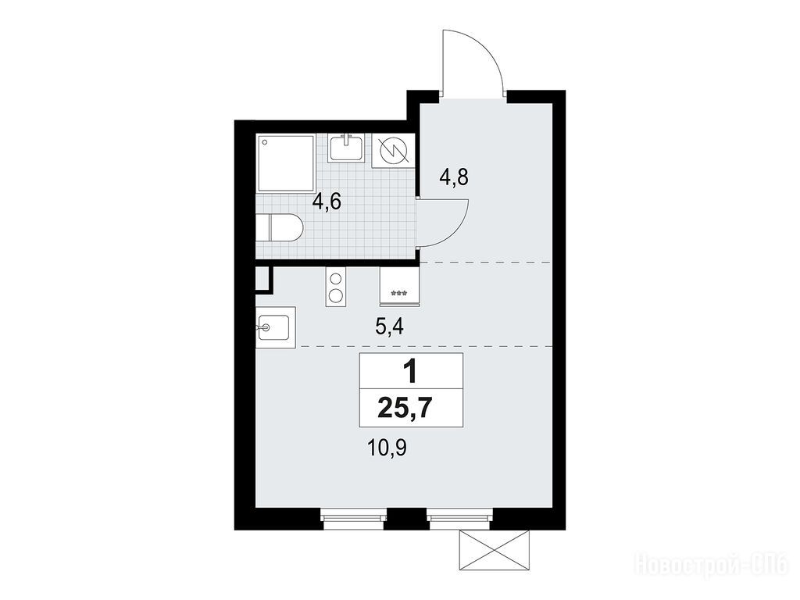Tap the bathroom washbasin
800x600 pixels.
click(x=346, y=148)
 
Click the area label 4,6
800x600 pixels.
click(x=327, y=202)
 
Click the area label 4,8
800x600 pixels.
click(x=454, y=178)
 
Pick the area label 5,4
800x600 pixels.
click(x=389, y=327)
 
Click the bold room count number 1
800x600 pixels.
click(x=409, y=371)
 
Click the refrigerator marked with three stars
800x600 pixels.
click(x=399, y=287)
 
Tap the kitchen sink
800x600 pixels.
click(x=276, y=327)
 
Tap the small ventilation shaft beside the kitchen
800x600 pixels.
click(x=264, y=280)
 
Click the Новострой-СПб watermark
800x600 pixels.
click(x=711, y=566)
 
